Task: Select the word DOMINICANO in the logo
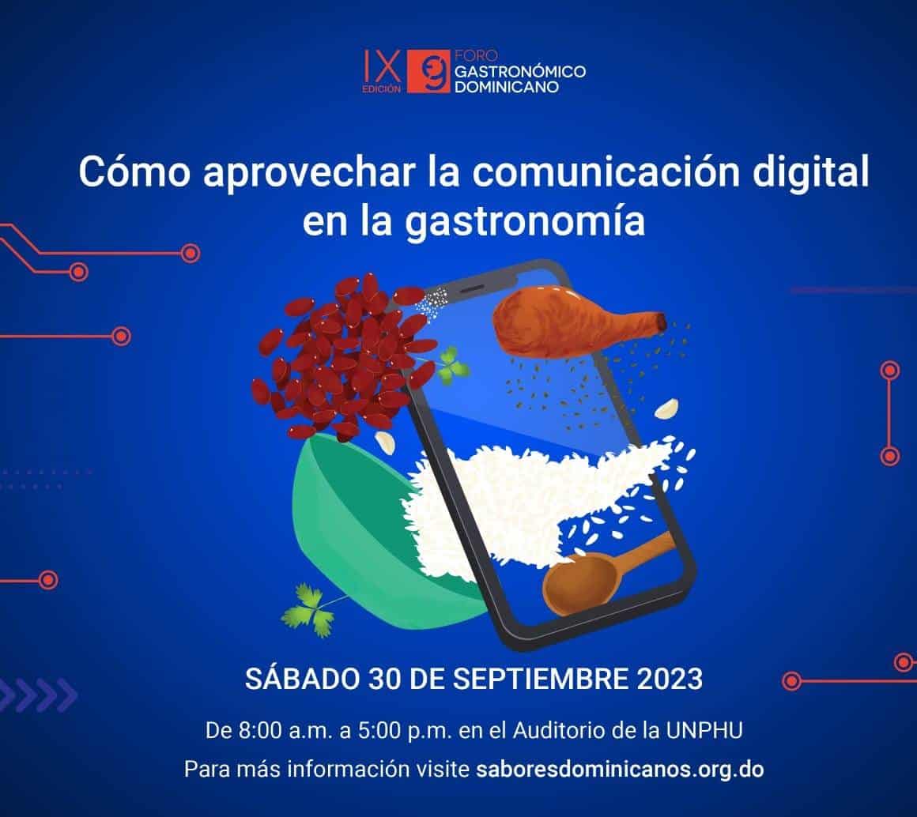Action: point(507,86)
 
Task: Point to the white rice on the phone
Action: point(514,498)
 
